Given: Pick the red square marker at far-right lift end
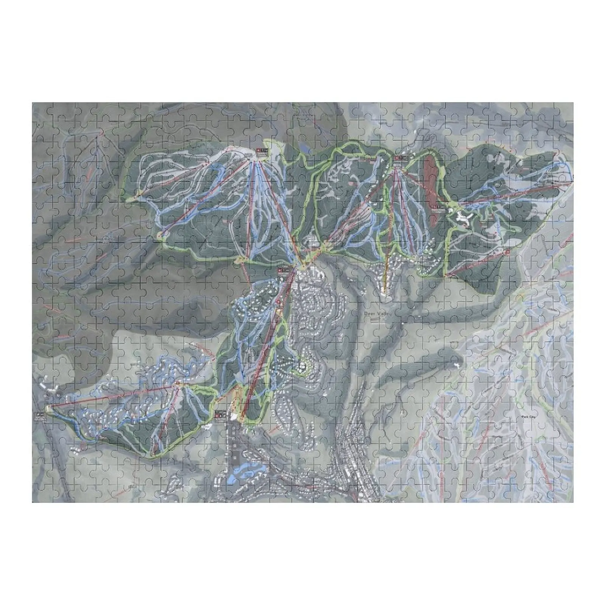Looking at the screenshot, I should pos(507,252).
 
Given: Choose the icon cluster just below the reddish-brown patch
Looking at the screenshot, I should pos(436,207).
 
